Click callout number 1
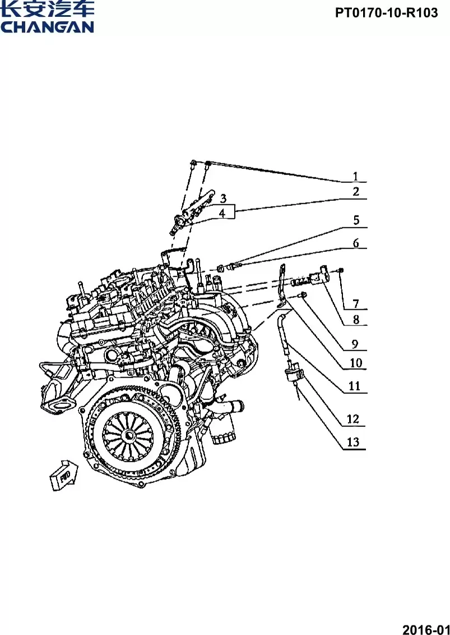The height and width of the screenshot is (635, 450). click(355, 176)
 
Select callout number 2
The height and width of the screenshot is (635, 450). click(356, 192)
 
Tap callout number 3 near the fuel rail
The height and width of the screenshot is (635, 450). click(222, 199)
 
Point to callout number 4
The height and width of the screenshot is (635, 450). click(222, 213)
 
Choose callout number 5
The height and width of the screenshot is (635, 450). click(356, 220)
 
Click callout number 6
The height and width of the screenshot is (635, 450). click(356, 243)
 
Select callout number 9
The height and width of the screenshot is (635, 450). click(356, 343)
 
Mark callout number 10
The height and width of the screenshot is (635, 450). click(356, 363)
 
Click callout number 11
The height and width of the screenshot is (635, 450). click(355, 386)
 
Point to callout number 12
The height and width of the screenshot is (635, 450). click(353, 418)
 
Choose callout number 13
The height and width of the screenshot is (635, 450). click(353, 442)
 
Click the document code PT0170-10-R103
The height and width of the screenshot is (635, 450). click(387, 12)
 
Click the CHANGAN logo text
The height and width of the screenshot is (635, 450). click(47, 26)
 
